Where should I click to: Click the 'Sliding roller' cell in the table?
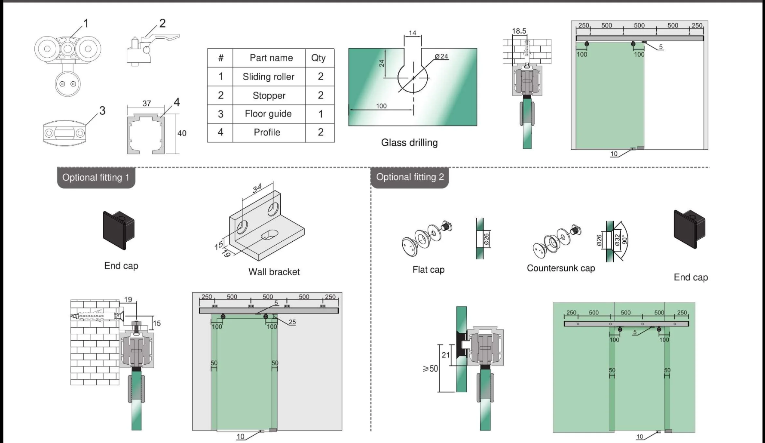(269, 77)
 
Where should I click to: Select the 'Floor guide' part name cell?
(268, 114)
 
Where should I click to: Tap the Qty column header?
(318, 58)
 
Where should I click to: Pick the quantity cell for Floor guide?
(320, 114)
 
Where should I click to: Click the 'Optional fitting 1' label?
(96, 178)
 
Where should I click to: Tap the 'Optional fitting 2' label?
(410, 177)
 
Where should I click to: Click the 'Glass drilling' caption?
(409, 143)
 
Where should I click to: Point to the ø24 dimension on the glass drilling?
(441, 56)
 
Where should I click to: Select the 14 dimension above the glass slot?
(412, 33)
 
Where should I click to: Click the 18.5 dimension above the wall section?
(519, 31)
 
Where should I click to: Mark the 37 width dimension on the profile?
(147, 104)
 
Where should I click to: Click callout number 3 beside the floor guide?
(102, 111)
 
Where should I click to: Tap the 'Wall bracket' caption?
(274, 272)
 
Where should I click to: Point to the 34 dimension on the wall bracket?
(257, 188)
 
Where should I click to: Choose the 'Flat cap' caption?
(428, 270)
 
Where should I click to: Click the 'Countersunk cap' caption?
(560, 268)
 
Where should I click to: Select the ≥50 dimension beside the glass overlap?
(430, 369)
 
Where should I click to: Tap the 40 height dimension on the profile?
(182, 133)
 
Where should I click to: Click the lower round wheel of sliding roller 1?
(67, 84)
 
